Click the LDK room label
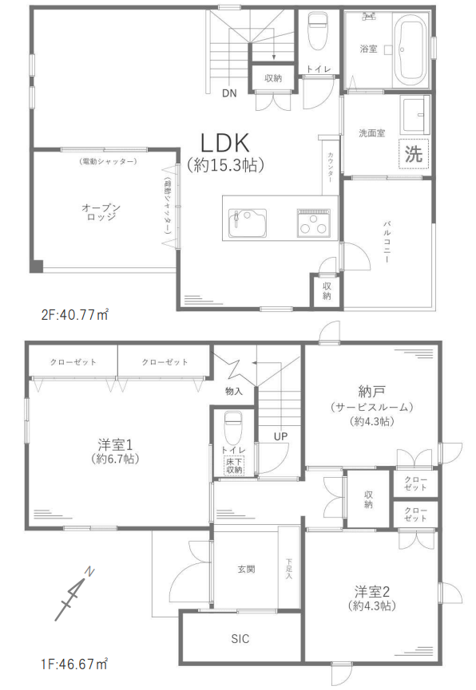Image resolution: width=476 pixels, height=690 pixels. coord(225,143)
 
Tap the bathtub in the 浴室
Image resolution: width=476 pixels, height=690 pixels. coord(411,49)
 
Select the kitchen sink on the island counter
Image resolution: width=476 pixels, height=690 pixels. coord(248,224)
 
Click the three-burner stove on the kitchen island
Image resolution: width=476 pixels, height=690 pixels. coord(313,223)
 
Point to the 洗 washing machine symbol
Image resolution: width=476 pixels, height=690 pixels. coord(414,154)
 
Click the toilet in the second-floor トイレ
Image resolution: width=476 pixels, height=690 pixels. coord(317,30)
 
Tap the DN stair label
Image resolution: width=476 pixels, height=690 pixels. coord(229,93)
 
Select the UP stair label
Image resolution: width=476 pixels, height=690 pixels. coord(281,436)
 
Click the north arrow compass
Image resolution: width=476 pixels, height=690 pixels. coord(74,594)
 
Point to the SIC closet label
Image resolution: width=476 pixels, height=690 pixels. coord(240,638)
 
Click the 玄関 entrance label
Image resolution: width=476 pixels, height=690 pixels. coord(246,570)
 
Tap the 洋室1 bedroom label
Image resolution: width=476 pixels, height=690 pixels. coord(115,445)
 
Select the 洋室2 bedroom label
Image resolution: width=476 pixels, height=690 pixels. coord(372,591)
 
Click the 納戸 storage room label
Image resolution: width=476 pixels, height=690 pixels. coord(372,391)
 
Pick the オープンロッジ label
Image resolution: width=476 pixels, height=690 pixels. coord(101,211)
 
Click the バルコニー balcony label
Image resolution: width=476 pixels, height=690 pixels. coord(387,242)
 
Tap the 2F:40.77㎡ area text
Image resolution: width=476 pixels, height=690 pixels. coord(75,315)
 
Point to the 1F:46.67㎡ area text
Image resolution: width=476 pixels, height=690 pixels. coord(74,664)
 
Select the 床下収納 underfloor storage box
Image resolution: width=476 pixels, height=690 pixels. coord(234,466)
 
